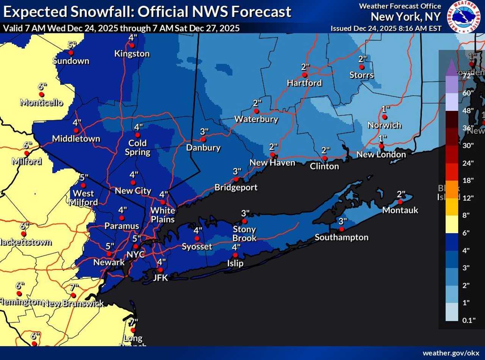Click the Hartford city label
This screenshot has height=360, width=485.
(304, 83)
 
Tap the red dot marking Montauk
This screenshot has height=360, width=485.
(401, 202)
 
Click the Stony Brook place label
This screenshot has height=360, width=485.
(244, 234)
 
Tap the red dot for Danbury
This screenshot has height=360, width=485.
(203, 139)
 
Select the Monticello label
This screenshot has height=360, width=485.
(41, 102)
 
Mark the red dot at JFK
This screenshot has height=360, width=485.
(160, 270)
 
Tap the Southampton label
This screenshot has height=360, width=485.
(341, 237)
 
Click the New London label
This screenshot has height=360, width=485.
(381, 154)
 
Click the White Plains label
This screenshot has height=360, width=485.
(163, 215)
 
